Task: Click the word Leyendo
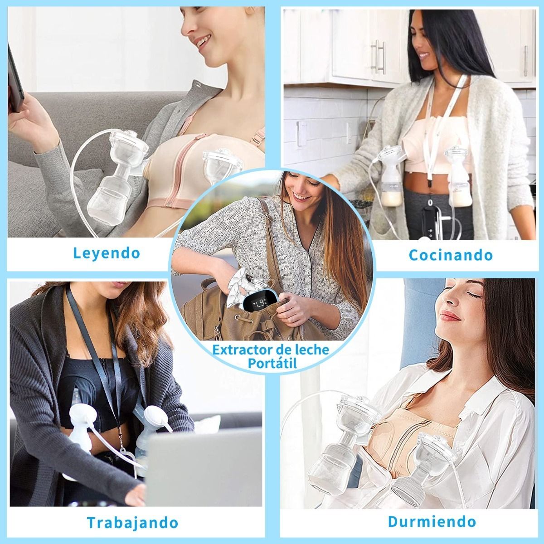107,253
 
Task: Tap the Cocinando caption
450,255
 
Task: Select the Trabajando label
132,522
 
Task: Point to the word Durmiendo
432,521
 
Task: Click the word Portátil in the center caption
270,363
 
